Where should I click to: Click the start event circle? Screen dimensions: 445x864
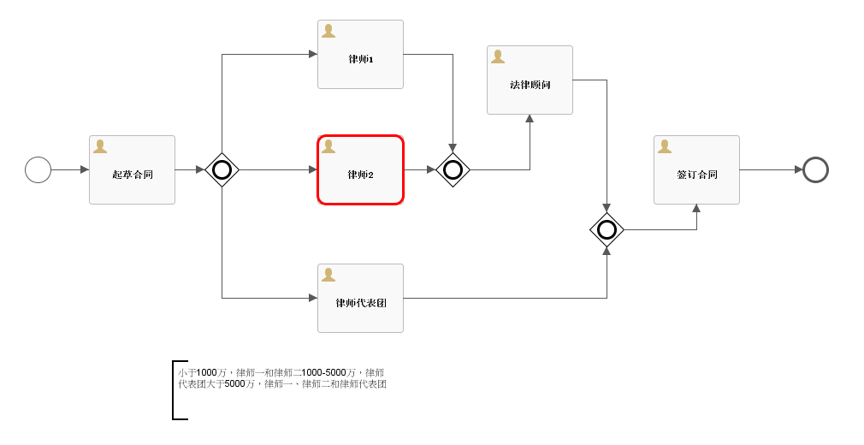click(x=38, y=169)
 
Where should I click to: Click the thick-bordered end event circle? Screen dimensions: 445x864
click(x=815, y=169)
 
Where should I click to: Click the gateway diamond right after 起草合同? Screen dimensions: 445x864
click(x=222, y=169)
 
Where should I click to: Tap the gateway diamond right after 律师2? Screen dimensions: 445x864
click(x=453, y=169)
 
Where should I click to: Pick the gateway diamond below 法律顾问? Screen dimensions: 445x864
click(x=607, y=229)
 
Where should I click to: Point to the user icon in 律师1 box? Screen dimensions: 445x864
click(x=328, y=31)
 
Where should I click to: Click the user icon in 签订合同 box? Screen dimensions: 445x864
click(x=664, y=146)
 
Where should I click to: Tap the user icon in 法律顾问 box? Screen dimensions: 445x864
click(x=497, y=56)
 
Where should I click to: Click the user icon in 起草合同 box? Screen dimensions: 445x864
click(x=99, y=146)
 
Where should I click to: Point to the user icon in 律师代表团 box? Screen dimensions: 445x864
click(x=328, y=275)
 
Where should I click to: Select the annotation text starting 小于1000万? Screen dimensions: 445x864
click(x=281, y=378)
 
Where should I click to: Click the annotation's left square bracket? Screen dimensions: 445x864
click(x=175, y=390)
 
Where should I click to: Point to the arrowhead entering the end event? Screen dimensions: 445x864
click(x=798, y=169)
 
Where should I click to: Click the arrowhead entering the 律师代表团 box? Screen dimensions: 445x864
click(x=312, y=298)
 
